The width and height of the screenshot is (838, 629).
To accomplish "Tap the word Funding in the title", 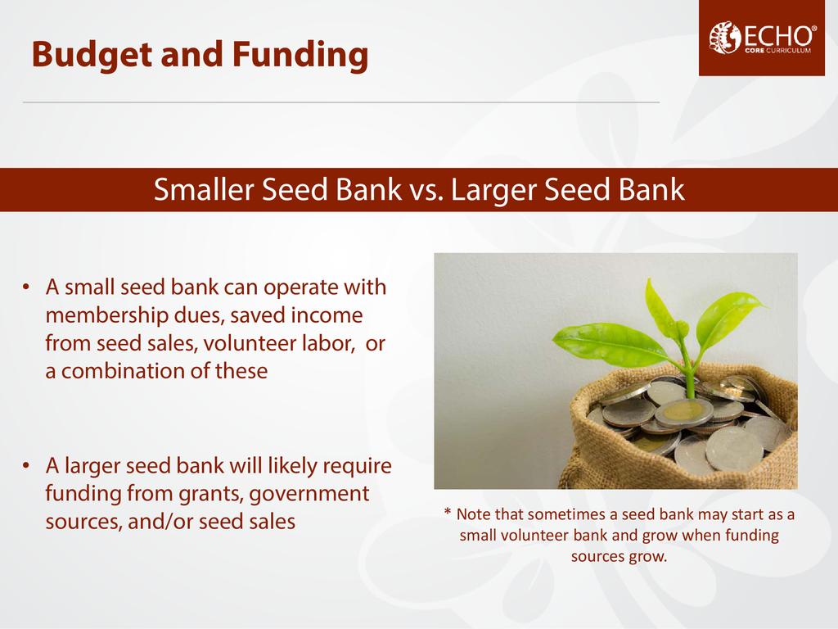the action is pyautogui.click(x=300, y=55).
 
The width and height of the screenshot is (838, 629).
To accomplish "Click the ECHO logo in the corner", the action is pyautogui.click(x=762, y=38).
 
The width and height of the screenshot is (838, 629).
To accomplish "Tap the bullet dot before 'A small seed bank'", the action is pyautogui.click(x=26, y=287).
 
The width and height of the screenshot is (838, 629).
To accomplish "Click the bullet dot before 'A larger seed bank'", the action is pyautogui.click(x=26, y=466).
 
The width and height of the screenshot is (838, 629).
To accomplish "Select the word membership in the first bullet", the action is pyautogui.click(x=106, y=315).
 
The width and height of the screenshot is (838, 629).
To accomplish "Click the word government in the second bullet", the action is pyautogui.click(x=309, y=494).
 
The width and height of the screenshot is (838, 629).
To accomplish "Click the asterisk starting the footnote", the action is pyautogui.click(x=448, y=512).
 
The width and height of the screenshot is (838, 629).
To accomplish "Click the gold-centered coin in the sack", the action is pyautogui.click(x=681, y=414).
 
